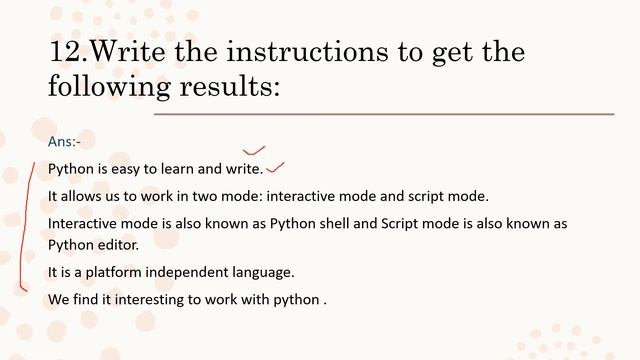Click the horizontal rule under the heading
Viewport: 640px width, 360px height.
tap(384, 114)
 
